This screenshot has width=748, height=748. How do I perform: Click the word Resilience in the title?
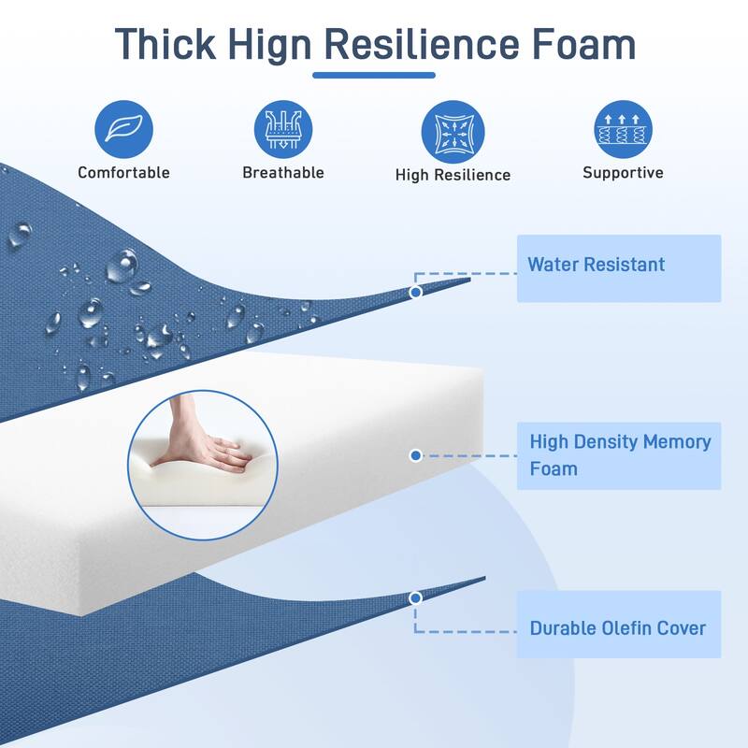click(x=422, y=44)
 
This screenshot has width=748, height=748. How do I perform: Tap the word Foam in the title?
click(x=583, y=44)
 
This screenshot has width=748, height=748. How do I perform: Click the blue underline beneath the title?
click(x=374, y=75)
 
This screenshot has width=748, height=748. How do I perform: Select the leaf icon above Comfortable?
click(x=123, y=129)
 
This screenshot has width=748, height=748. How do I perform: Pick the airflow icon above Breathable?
click(x=283, y=129)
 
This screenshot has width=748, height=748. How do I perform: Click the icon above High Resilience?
click(x=453, y=132)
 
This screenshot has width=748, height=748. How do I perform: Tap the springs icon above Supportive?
click(x=623, y=129)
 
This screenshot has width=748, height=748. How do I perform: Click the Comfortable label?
click(x=123, y=172)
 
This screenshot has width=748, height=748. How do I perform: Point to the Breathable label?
click(x=283, y=172)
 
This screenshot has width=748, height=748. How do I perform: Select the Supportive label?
click(x=623, y=172)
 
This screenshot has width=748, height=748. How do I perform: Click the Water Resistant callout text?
click(x=597, y=265)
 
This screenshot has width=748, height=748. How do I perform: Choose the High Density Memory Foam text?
click(x=620, y=455)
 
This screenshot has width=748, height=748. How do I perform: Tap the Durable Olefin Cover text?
click(x=618, y=628)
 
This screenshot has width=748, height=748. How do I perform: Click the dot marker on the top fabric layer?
click(x=415, y=292)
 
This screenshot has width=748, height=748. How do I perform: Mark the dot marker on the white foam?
click(x=415, y=455)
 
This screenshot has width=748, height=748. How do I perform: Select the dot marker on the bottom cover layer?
click(x=415, y=597)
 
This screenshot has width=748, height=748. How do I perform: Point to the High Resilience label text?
click(x=453, y=175)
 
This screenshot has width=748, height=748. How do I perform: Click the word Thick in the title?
click(x=165, y=44)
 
